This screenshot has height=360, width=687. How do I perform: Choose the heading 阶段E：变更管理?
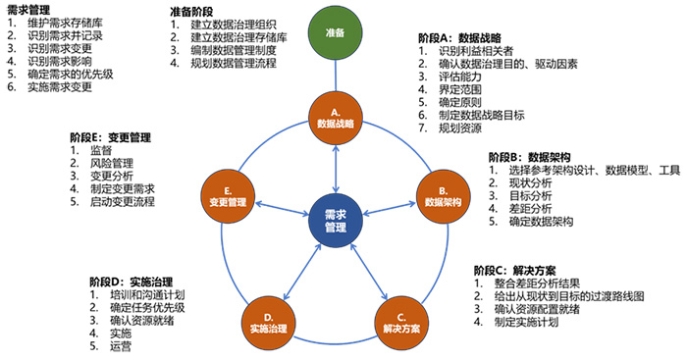point(110,137)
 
